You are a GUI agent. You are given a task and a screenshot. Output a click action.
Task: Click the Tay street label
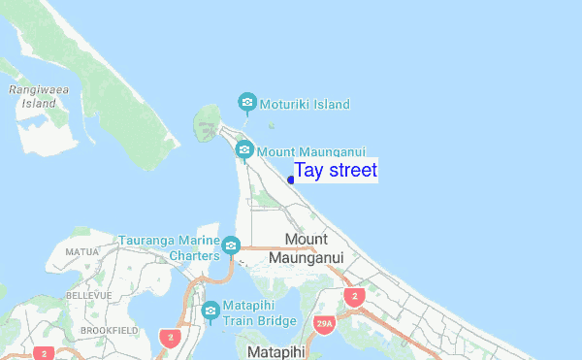(336, 171)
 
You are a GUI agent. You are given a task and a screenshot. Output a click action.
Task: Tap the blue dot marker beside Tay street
(291, 180)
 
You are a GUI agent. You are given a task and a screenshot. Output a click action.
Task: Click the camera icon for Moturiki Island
(247, 102)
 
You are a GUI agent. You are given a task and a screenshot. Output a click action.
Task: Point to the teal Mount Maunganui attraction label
(311, 151)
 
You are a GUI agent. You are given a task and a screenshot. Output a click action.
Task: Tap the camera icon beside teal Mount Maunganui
(244, 149)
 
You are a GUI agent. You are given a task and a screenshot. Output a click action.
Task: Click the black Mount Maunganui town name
(307, 248)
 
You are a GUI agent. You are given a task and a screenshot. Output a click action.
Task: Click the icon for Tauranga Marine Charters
(231, 245)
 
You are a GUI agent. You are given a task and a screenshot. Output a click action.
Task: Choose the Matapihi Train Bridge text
(259, 312)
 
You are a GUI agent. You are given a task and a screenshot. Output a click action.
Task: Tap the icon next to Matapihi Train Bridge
(211, 311)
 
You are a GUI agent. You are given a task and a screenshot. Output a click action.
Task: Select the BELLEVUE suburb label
(88, 294)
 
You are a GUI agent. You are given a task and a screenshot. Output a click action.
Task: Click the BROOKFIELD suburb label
(107, 331)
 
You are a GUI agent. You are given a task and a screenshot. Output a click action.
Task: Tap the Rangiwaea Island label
(33, 95)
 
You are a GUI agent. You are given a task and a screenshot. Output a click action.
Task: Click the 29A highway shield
(324, 323)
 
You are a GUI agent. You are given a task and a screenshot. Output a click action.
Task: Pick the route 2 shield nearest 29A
(355, 296)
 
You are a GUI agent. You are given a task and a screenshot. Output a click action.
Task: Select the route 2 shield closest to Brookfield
(171, 338)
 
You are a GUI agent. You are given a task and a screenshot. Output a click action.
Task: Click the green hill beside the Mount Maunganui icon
(207, 124)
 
